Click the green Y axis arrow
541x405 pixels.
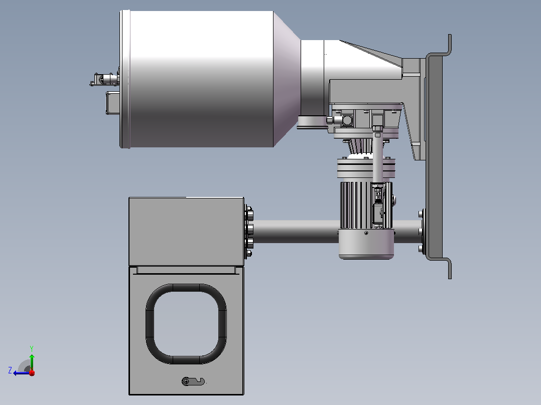tap(32, 361)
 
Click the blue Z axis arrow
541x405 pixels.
tap(22, 372)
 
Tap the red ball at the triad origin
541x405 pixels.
tap(32, 372)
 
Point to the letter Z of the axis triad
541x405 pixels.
tap(10, 370)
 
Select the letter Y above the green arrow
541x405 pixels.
tap(32, 348)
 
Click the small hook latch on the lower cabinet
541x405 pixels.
tap(193, 381)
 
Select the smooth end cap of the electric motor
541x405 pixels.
tap(366, 244)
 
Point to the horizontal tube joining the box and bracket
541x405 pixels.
tap(296, 231)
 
